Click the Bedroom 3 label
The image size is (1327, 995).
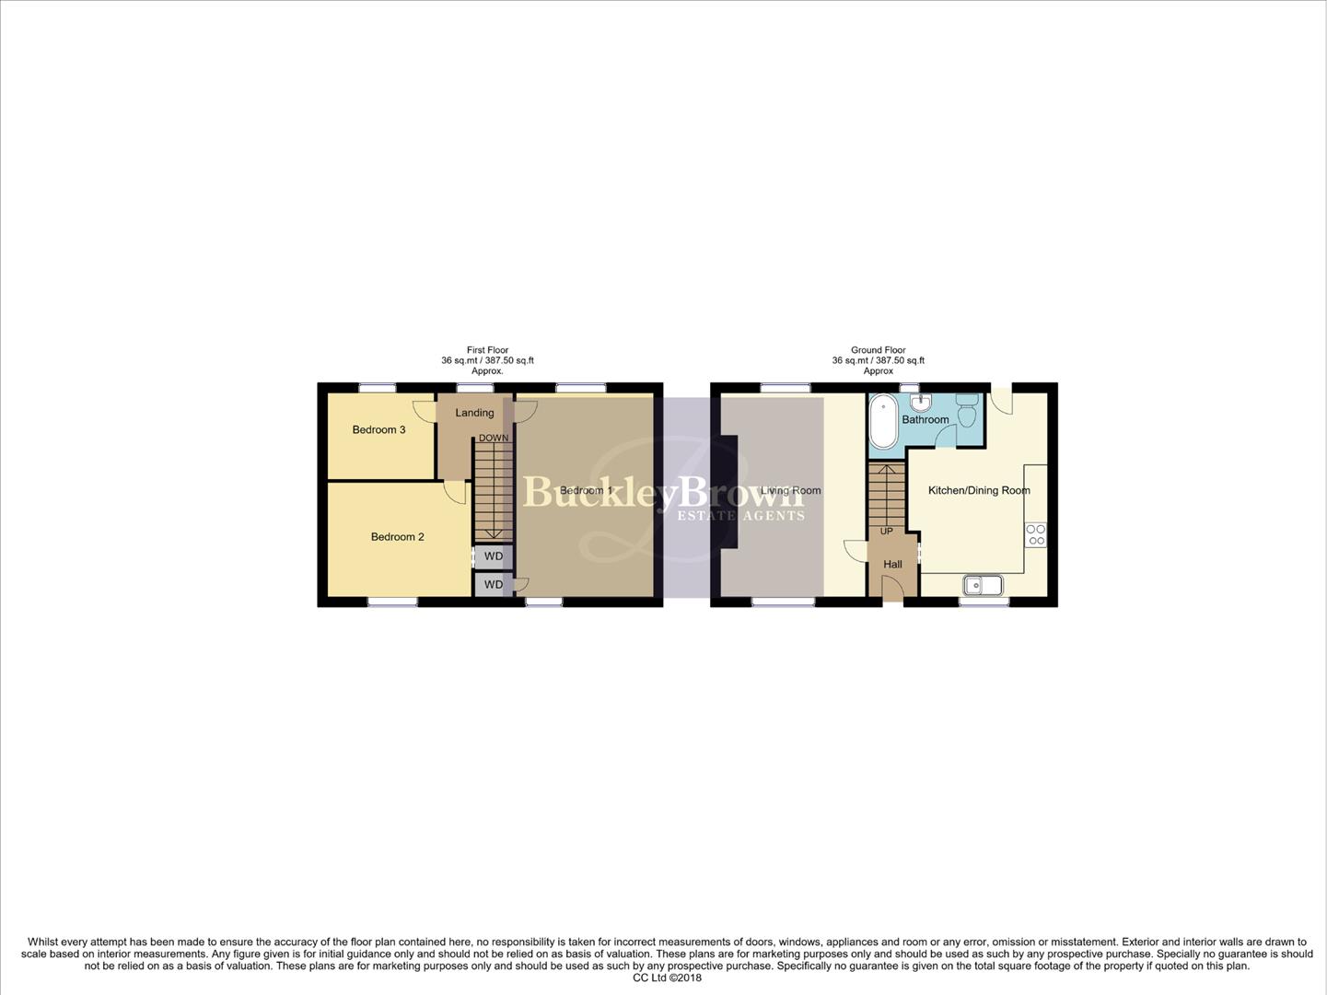click(x=378, y=429)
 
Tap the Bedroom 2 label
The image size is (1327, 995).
click(x=397, y=536)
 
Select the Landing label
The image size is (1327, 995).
click(x=474, y=413)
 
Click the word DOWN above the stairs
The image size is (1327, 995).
click(x=493, y=438)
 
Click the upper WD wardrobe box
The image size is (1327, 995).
click(x=494, y=556)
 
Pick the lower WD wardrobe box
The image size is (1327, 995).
click(x=494, y=584)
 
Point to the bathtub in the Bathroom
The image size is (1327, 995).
click(x=882, y=422)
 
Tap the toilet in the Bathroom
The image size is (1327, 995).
click(x=966, y=410)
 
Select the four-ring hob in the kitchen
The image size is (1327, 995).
click(x=1035, y=534)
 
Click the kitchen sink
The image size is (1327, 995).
click(x=983, y=584)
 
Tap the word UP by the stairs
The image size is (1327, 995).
click(x=886, y=531)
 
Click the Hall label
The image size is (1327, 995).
click(x=892, y=564)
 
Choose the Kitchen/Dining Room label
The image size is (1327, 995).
click(x=978, y=490)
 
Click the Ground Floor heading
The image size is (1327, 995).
click(x=878, y=350)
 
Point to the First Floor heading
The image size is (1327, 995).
click(x=487, y=350)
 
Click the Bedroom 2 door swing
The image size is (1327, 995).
click(x=454, y=492)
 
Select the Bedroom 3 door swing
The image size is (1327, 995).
click(x=425, y=411)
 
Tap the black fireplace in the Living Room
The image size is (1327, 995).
click(x=729, y=492)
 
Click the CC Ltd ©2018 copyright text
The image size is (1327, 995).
click(x=667, y=977)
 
